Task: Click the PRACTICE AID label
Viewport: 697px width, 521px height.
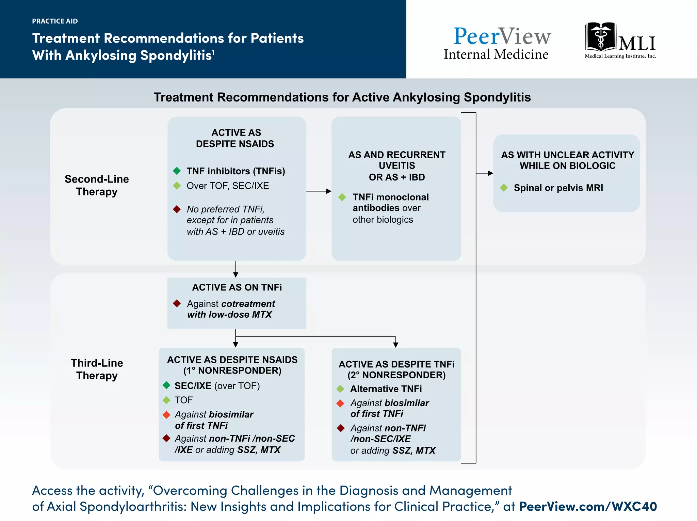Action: (x=55, y=21)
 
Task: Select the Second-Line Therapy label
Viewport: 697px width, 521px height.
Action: (x=97, y=185)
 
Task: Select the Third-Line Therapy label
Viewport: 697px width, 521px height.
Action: (x=97, y=369)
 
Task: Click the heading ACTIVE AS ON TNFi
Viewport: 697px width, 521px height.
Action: (x=237, y=287)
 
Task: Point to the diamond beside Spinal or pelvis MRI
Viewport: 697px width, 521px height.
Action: (x=504, y=188)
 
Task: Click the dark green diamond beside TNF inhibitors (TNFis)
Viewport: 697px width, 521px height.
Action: (x=177, y=171)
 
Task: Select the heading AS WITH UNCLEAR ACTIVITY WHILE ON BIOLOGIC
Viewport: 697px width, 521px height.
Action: (x=567, y=160)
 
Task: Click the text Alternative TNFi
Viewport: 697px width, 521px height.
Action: (x=386, y=389)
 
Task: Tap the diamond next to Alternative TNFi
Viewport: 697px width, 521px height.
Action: (x=340, y=389)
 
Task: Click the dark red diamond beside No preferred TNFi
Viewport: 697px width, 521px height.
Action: (x=177, y=209)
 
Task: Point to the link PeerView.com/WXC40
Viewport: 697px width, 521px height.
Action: (x=588, y=506)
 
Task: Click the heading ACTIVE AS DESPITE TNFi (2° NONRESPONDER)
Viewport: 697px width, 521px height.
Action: (x=396, y=369)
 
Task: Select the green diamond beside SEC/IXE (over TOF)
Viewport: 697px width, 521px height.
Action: (x=166, y=385)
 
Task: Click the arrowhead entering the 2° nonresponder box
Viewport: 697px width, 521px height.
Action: (x=395, y=345)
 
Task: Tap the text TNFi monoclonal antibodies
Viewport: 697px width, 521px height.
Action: (x=390, y=202)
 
